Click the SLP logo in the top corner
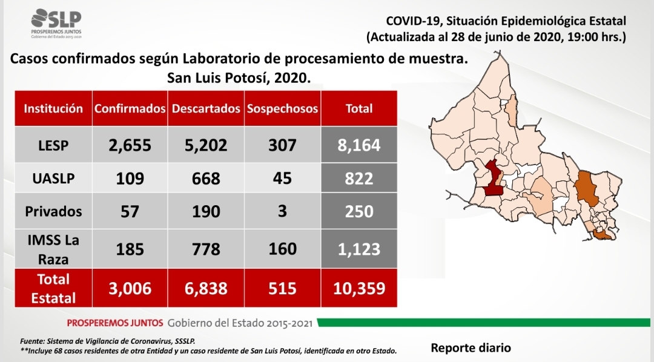(56, 24)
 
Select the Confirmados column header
(130, 108)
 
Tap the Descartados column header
(206, 108)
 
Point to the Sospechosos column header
(282, 108)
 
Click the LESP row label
(53, 145)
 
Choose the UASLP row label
(53, 179)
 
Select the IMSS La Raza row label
(53, 249)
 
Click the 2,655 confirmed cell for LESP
(130, 145)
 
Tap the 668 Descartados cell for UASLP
(206, 179)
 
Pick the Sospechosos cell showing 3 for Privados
(282, 211)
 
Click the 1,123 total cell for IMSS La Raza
(359, 249)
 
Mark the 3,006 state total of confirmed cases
(130, 288)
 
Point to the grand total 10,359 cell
(359, 288)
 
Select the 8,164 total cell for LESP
(359, 145)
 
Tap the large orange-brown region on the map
(586, 188)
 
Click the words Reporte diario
(471, 348)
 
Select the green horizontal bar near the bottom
(484, 323)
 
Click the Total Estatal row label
(53, 288)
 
